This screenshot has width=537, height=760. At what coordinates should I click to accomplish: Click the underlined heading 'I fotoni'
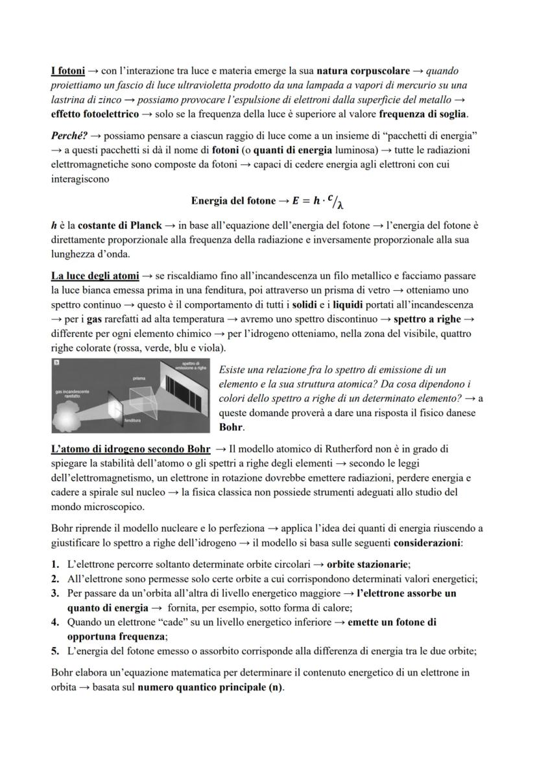[x=68, y=70]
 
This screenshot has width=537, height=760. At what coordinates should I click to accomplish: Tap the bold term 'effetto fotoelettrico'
[x=95, y=114]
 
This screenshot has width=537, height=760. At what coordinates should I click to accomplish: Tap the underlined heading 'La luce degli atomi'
[x=95, y=276]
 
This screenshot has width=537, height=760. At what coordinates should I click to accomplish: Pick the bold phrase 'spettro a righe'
[x=427, y=319]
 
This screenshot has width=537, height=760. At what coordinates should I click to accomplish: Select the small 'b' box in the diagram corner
[x=56, y=363]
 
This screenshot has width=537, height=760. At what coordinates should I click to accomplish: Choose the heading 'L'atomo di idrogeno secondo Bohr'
[x=130, y=448]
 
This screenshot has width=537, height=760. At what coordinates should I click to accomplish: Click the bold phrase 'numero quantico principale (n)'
[x=210, y=687]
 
